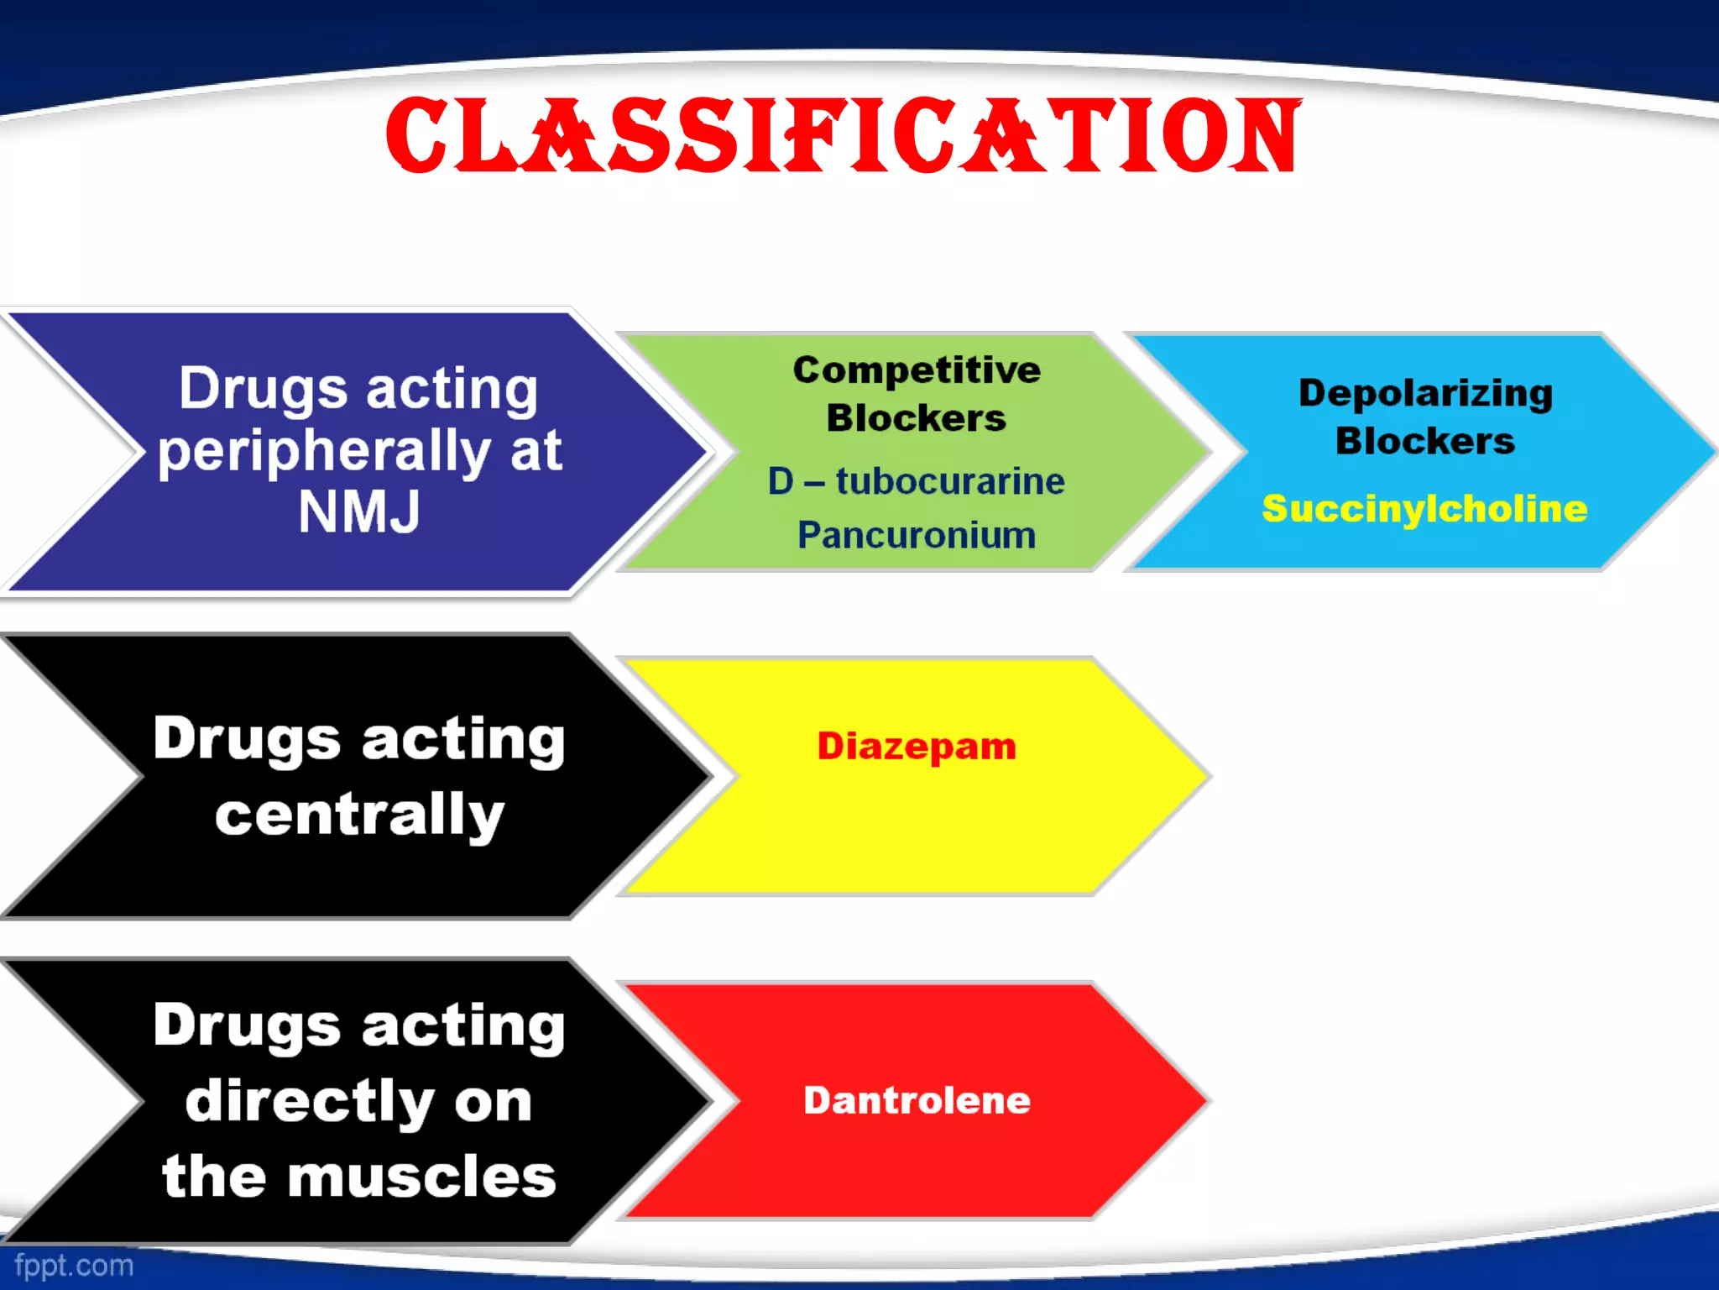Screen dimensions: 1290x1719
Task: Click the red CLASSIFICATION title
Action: (x=843, y=136)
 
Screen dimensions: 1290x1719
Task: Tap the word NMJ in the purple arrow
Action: (x=359, y=511)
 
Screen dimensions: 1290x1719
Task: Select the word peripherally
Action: (x=324, y=453)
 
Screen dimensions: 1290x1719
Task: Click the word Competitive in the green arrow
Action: (x=917, y=370)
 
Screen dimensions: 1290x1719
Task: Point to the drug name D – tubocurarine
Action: (x=916, y=481)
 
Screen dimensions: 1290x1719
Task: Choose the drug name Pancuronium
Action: (x=916, y=535)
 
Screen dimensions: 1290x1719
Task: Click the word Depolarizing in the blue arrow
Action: (x=1425, y=393)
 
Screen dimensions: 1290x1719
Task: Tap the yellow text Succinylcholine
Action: (x=1424, y=509)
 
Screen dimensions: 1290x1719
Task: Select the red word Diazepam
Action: (x=916, y=746)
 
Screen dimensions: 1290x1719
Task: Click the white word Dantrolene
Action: (x=917, y=1100)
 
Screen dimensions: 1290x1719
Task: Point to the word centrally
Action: (x=359, y=815)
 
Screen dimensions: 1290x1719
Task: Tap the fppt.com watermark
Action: (x=74, y=1266)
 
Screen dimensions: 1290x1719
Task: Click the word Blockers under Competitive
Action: (x=916, y=418)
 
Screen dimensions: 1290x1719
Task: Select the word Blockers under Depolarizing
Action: (x=1425, y=441)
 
